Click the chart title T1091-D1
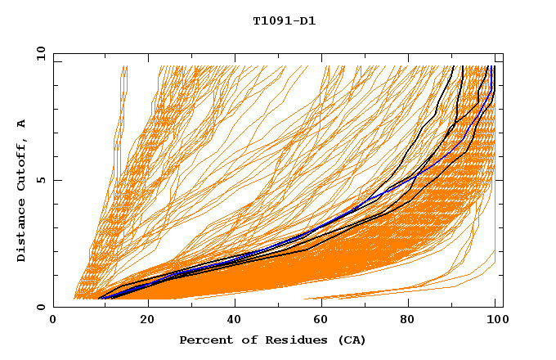click(284, 21)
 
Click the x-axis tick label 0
click(54, 322)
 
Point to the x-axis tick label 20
click(147, 322)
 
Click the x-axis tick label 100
click(495, 322)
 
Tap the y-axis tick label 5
click(43, 180)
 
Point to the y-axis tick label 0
click(43, 307)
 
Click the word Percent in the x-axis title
click(204, 340)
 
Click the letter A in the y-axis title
click(22, 124)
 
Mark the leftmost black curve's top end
click(454, 66)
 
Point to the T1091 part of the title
click(271, 21)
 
